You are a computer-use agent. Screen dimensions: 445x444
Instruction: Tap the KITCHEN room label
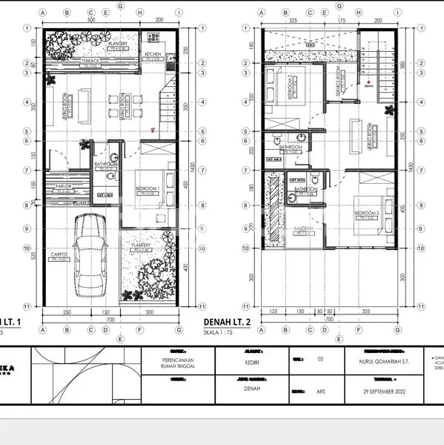pos(153,54)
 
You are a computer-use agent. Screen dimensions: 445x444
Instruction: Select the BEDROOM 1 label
pos(149,189)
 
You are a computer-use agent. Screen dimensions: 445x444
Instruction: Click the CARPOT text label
pos(60,254)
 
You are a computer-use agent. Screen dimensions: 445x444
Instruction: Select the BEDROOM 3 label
pos(367,213)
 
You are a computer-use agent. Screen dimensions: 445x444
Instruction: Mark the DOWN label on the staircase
pos(368,85)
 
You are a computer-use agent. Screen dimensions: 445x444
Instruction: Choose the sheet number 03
pos(319,359)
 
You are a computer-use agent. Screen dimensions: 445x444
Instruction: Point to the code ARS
pos(319,389)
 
